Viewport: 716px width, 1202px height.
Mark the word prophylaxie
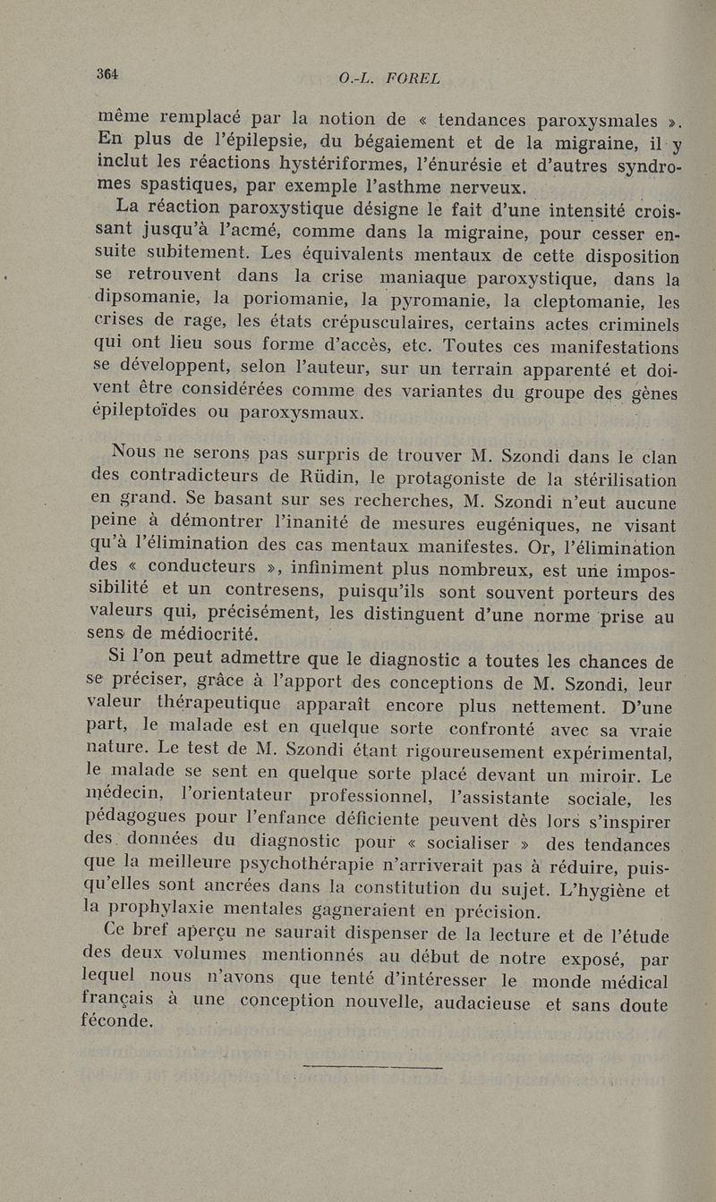pyautogui.click(x=189, y=912)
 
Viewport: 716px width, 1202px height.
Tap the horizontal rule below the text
pyautogui.click(x=373, y=1066)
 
